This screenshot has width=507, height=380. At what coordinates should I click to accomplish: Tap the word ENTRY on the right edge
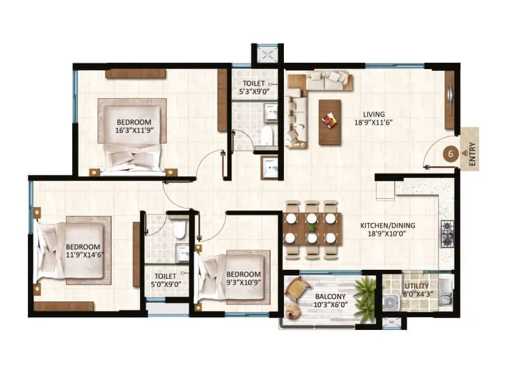(x=472, y=153)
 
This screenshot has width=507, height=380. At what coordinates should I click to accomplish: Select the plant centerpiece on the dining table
(x=312, y=227)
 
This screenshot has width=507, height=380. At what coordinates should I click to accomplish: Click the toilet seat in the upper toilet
(x=267, y=135)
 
